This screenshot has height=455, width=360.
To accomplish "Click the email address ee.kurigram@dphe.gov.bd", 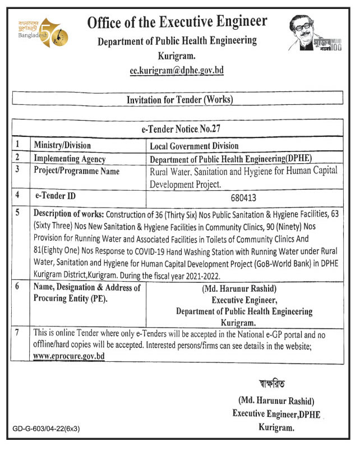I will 177,71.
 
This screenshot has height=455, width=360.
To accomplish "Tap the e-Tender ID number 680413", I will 242,197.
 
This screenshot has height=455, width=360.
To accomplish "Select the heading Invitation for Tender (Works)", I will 179,100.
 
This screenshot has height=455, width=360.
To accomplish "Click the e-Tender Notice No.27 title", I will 179,129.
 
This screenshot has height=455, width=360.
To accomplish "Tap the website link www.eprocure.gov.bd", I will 69,356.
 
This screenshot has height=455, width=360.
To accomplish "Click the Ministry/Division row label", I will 62,145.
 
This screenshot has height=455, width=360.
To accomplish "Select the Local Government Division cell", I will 194,146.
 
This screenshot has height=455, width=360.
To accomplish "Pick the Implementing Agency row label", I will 70,158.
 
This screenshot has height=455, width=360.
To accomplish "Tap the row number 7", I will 18,333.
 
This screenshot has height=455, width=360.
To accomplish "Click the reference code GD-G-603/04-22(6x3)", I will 47,429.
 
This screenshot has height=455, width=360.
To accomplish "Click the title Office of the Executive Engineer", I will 177,22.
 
